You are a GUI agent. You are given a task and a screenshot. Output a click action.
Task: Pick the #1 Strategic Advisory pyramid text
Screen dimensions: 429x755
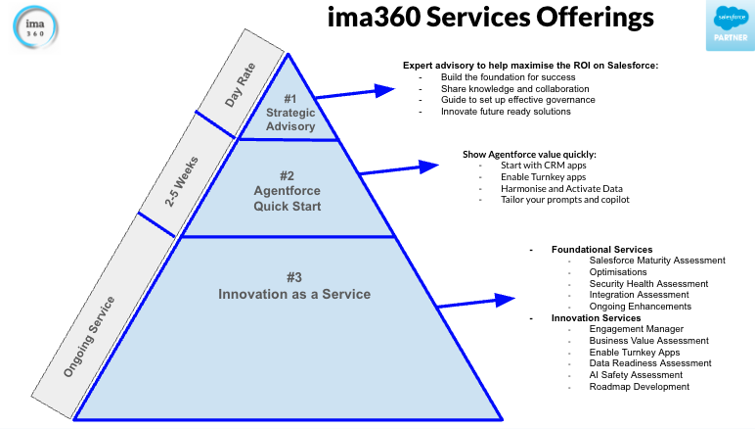point(290,113)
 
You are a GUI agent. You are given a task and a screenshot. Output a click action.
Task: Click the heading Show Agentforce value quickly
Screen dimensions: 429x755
point(528,155)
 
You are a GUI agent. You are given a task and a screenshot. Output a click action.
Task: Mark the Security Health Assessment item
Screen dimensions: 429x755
point(648,284)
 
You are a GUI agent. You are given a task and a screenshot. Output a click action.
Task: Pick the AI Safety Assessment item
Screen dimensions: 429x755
point(636,375)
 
